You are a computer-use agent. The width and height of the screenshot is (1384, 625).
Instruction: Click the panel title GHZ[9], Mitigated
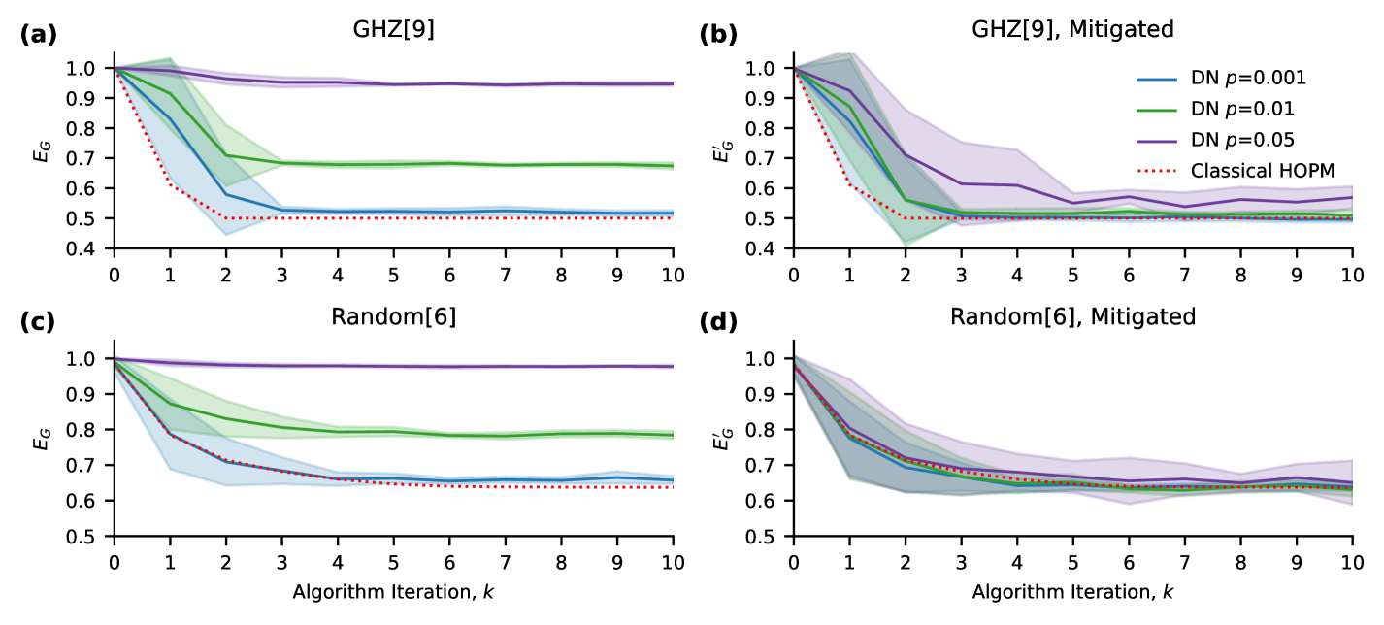1072,29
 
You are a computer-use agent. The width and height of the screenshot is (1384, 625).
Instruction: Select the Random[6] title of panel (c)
393,316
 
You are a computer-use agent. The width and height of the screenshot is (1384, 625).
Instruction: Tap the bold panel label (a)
39,36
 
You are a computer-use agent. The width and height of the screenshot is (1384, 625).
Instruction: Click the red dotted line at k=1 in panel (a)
171,183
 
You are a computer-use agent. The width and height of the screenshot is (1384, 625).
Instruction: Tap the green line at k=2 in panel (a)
226,155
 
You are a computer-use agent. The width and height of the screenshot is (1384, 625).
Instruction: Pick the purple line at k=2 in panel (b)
906,154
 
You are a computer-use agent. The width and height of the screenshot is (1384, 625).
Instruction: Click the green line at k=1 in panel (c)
171,404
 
